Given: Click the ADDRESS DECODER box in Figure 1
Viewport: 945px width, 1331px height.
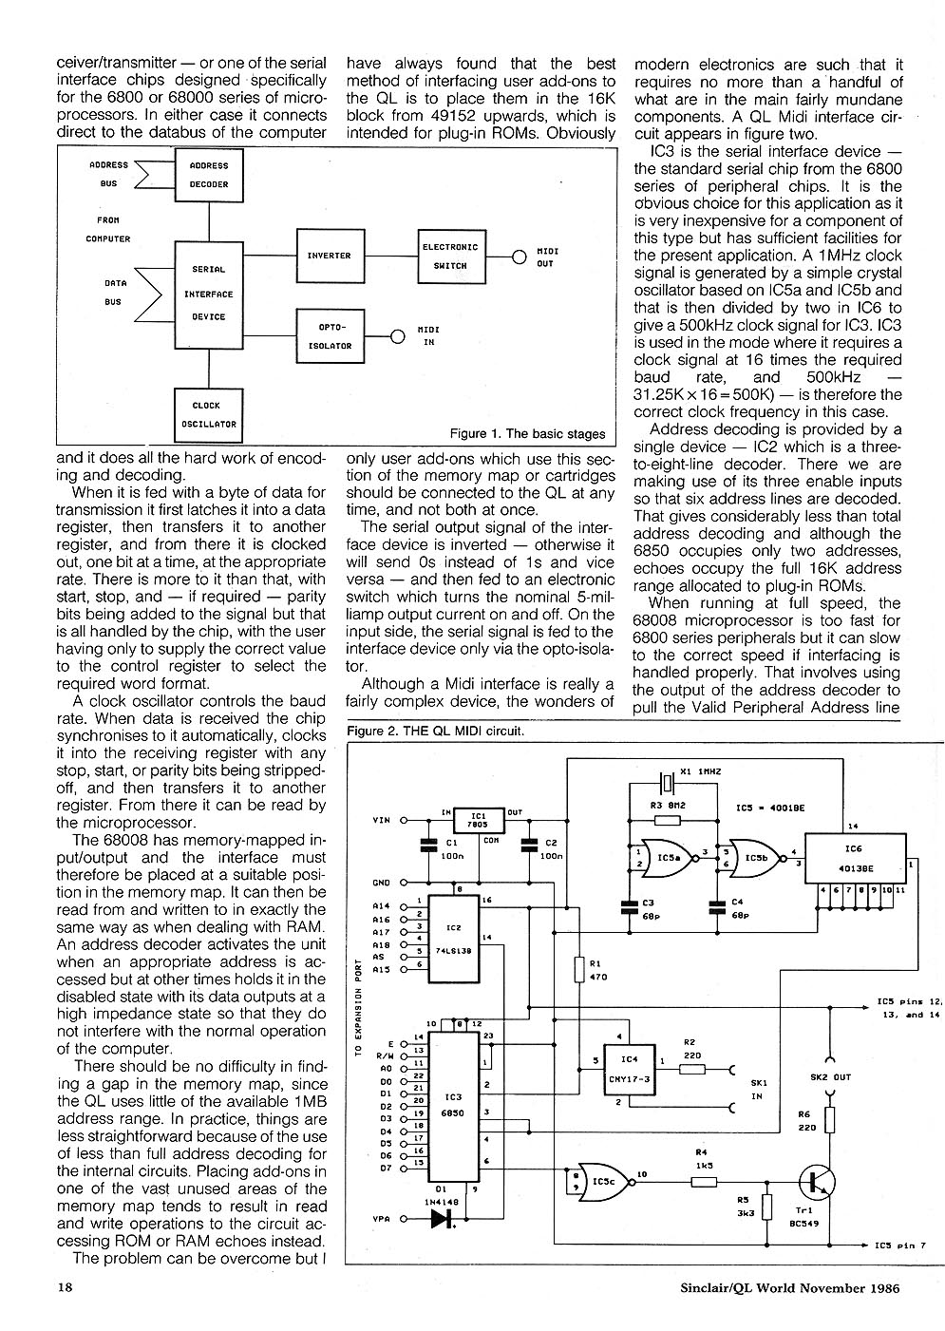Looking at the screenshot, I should pyautogui.click(x=209, y=175).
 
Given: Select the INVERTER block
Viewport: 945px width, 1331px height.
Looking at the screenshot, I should pyautogui.click(x=329, y=256).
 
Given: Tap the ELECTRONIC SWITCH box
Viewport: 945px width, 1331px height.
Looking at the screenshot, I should pyautogui.click(x=451, y=257).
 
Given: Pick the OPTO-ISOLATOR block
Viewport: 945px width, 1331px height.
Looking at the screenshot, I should pyautogui.click(x=329, y=336).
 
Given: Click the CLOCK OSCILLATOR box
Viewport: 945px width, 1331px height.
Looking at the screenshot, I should pyautogui.click(x=208, y=414).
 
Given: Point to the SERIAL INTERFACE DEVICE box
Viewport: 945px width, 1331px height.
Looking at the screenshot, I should pyautogui.click(x=208, y=294).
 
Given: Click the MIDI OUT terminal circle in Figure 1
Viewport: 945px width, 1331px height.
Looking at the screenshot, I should pyautogui.click(x=519, y=257).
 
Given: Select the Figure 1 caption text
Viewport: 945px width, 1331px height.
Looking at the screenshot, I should pyautogui.click(x=527, y=434).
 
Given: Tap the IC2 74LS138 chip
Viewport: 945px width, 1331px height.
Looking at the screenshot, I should pyautogui.click(x=453, y=940).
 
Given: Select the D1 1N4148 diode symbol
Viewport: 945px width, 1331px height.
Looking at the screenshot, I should pyautogui.click(x=440, y=1222).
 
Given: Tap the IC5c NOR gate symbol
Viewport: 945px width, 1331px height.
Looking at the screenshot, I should pyautogui.click(x=600, y=1182).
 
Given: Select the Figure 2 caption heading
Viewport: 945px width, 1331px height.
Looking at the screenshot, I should pyautogui.click(x=436, y=732).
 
